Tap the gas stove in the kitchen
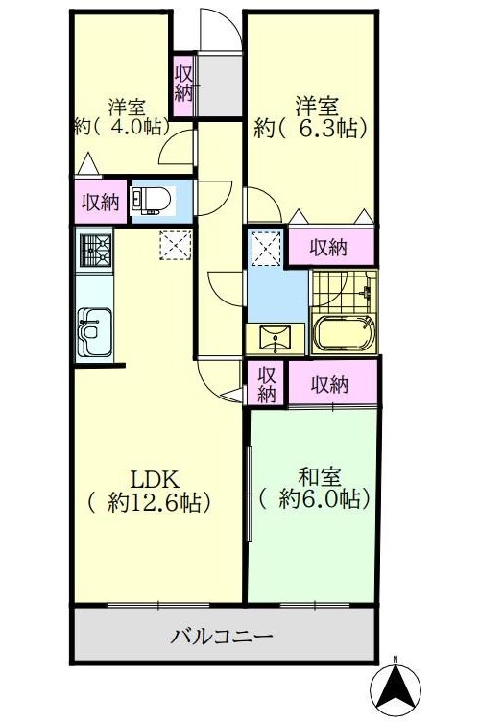coord(96,251)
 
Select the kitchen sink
coord(95,332)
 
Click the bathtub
coord(344,335)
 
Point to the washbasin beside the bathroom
coord(276,338)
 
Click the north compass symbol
coord(396,690)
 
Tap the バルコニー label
coord(222,637)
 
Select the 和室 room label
coord(320,478)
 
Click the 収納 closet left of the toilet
coord(101,202)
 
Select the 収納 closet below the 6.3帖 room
coord(328,248)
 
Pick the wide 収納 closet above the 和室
coord(329,384)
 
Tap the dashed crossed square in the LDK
coord(176,245)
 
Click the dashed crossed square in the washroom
coord(266,249)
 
